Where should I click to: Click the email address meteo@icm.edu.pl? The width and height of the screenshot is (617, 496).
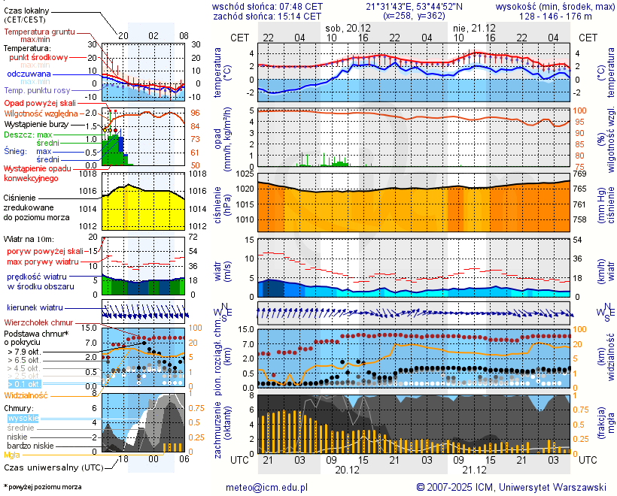(267, 487)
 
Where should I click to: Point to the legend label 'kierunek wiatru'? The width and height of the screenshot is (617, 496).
(35, 308)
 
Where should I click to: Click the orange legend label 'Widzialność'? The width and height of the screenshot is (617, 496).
(26, 395)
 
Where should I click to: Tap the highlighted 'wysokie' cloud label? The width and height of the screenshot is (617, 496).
(23, 419)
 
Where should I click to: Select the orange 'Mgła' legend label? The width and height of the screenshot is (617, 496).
(12, 455)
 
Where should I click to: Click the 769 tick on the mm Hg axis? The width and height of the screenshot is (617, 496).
(581, 174)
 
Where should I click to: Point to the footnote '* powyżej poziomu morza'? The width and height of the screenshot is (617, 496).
(42, 487)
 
